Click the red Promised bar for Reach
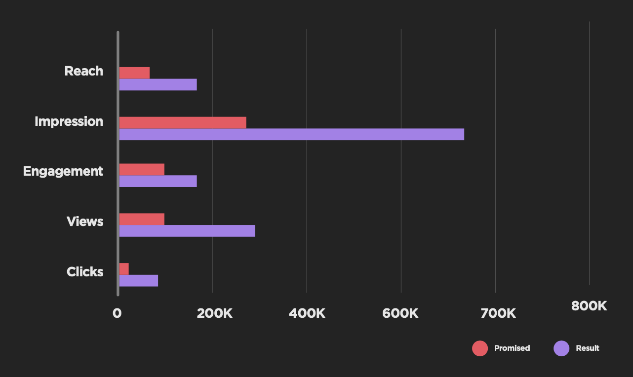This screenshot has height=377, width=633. coord(134,73)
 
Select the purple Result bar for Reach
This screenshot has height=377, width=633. coord(158,85)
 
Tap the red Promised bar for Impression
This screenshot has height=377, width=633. coord(183,122)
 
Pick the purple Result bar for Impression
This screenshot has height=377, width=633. coord(291,134)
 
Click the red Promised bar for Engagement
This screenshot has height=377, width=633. coord(142,169)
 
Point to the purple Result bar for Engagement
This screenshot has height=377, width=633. coord(158,181)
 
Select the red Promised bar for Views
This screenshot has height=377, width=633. coord(142,219)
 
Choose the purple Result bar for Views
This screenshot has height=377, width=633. coord(187,231)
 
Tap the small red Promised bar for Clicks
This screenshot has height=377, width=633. coord(124,269)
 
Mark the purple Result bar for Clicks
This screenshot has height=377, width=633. coord(139,281)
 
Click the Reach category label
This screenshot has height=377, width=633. coord(84,71)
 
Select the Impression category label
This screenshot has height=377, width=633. coord(69,121)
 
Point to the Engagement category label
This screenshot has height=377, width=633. coord(63,171)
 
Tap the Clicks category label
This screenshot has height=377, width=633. coord(85,272)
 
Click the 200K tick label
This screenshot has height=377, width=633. coord(214,313)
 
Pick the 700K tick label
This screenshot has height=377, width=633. coord(498,313)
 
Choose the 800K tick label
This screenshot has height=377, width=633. coord(589,306)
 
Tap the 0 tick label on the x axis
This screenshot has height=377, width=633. coord(117,313)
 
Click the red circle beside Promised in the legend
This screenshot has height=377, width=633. coord(480,348)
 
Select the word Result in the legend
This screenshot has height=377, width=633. coord(587,348)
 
